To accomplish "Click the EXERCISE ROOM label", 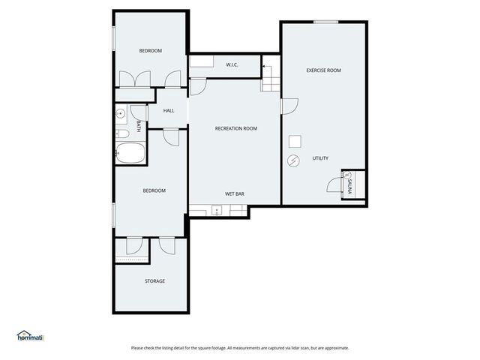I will tap(323, 70).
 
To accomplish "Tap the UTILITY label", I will tap(320, 158).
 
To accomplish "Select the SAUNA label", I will tap(349, 184).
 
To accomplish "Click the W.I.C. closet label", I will tap(232, 65).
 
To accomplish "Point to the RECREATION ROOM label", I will tap(235, 129).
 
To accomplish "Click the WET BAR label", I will tap(235, 194).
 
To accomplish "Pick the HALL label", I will tap(169, 111).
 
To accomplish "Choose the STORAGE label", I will tap(154, 281).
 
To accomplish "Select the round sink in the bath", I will tap(120, 114).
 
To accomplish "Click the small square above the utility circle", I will tap(295, 140).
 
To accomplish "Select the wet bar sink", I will tap(216, 211).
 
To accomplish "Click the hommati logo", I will tap(31, 335).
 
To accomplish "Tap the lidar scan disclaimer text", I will tap(240, 348).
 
